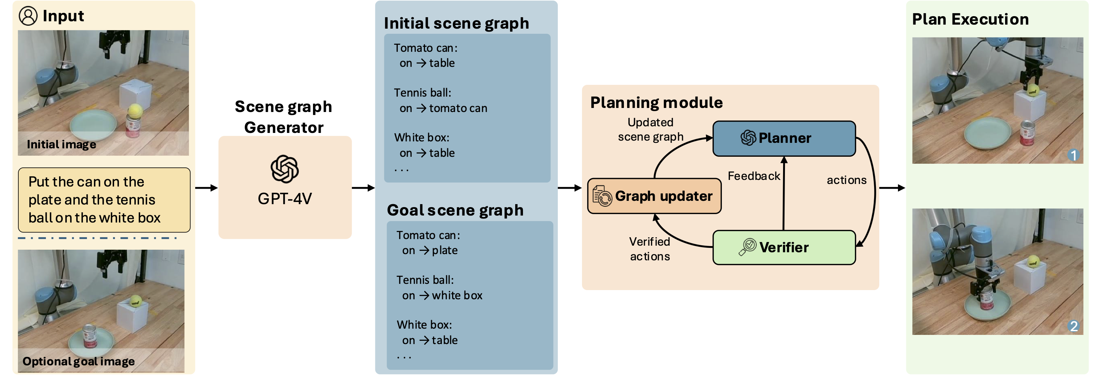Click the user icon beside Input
[x=28, y=16]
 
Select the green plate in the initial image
[x=93, y=124]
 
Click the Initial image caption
[x=61, y=145]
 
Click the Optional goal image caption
[x=79, y=362]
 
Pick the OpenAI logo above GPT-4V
[x=284, y=169]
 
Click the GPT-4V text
[x=284, y=199]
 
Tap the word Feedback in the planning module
[x=753, y=176]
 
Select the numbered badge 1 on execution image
[x=1073, y=155]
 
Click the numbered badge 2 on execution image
[x=1073, y=326]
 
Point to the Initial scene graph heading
[x=456, y=23]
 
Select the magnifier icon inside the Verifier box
[x=747, y=247]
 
